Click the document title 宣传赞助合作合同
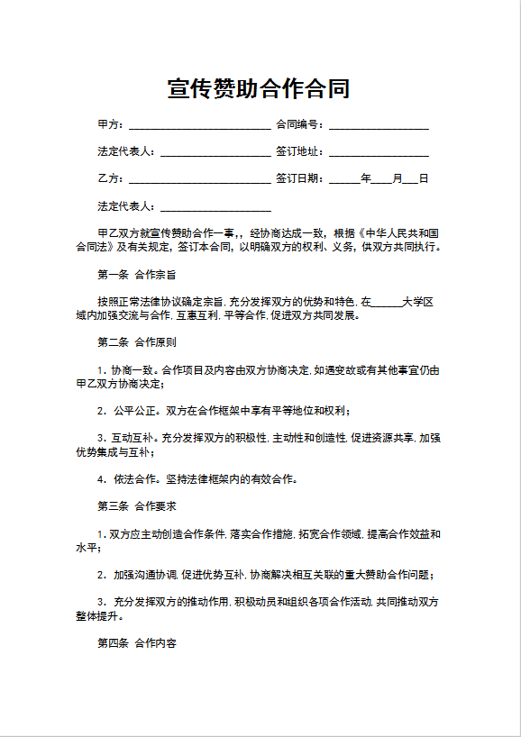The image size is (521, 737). [260, 88]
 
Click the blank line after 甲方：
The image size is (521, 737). [200, 125]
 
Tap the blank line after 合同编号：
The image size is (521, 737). [379, 125]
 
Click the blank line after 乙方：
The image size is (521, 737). [200, 179]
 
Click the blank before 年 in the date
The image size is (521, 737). [344, 179]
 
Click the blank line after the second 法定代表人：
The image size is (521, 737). [216, 207]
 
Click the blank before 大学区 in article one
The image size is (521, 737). [387, 301]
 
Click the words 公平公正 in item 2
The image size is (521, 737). [134, 411]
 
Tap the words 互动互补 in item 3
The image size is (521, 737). [134, 438]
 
